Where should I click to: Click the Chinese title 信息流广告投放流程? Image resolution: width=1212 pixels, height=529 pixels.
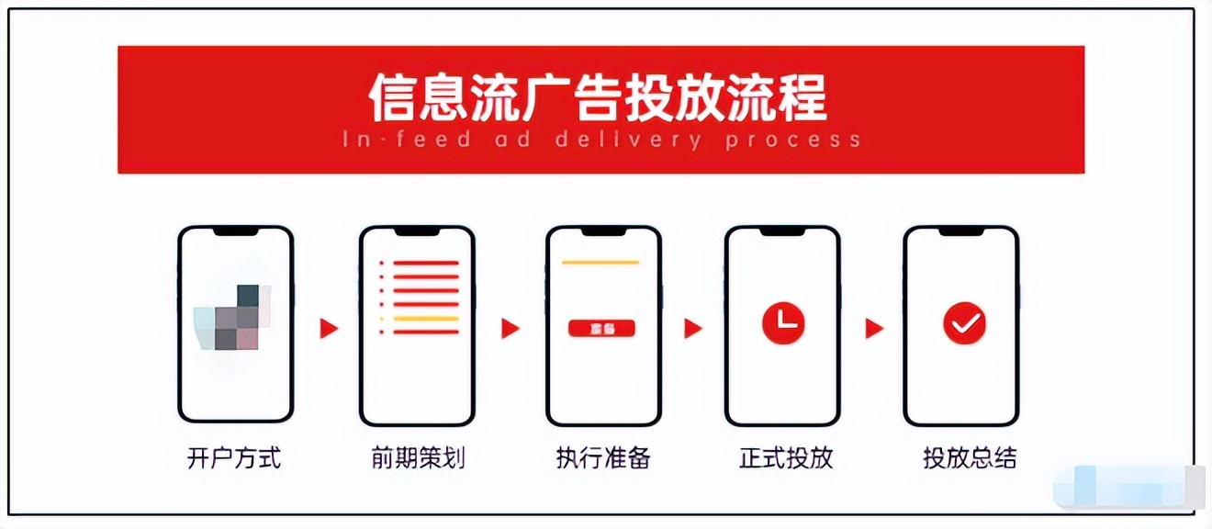(x=598, y=97)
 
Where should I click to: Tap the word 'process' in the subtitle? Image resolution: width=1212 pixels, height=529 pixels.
(x=792, y=141)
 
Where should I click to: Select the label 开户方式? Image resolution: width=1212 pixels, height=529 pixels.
(x=234, y=458)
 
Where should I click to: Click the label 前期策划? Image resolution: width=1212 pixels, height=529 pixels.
(x=418, y=458)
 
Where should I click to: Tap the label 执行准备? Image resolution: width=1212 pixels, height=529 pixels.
(x=603, y=458)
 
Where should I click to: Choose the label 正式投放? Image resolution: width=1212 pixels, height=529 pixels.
(x=786, y=458)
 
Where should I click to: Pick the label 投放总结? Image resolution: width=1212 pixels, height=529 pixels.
(x=970, y=458)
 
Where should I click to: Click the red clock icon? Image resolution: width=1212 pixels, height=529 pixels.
(x=783, y=322)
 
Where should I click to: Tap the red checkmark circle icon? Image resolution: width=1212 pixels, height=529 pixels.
(x=964, y=323)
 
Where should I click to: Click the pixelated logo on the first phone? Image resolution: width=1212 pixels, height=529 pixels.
(x=234, y=317)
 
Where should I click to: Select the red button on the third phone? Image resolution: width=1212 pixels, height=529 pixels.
(x=602, y=328)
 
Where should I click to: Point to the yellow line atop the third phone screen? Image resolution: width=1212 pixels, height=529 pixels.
(x=600, y=263)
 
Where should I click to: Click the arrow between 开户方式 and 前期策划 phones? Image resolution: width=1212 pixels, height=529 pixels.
(x=329, y=328)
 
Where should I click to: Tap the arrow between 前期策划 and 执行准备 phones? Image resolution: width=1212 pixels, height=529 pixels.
(x=511, y=328)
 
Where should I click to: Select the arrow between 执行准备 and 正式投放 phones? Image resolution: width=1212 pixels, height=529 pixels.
(x=693, y=328)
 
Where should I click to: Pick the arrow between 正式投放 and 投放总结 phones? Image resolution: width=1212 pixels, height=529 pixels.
(x=874, y=328)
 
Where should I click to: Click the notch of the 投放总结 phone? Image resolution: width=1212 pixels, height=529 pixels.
(x=961, y=231)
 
